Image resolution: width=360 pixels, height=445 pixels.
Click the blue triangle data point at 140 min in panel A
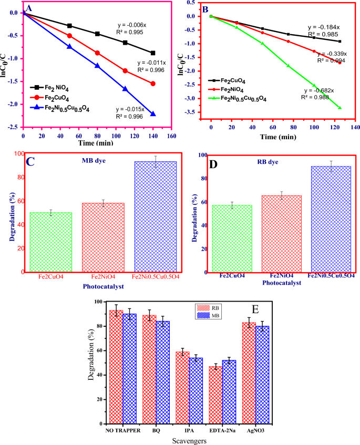153,114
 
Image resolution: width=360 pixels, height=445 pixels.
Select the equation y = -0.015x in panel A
132,109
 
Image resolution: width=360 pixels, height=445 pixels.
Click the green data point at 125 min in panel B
340,108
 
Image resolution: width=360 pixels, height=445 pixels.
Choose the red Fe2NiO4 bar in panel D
282,234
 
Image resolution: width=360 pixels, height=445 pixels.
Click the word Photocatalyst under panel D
281,283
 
